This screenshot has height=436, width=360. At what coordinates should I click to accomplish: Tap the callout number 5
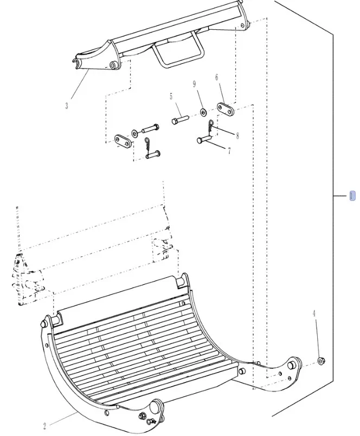click(171, 96)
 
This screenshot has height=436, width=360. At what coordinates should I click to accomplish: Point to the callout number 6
click(217, 77)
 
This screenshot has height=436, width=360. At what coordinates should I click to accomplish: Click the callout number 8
click(237, 135)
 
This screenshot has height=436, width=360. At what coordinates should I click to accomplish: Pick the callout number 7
click(229, 151)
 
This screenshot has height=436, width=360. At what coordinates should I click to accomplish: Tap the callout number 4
click(313, 313)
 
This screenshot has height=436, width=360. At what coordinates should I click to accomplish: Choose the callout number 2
click(45, 426)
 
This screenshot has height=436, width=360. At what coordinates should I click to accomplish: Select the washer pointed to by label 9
click(203, 112)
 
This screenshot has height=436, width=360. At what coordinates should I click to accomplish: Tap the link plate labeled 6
click(224, 109)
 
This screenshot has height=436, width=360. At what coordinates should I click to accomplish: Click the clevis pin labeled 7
click(204, 140)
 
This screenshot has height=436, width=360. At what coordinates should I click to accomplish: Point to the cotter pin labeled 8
click(210, 126)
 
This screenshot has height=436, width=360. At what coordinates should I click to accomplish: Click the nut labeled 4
click(321, 360)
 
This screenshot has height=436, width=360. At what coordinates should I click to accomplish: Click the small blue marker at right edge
click(352, 196)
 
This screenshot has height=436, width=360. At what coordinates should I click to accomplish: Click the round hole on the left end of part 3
click(112, 66)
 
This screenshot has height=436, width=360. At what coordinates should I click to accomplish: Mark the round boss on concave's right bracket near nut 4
click(296, 362)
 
